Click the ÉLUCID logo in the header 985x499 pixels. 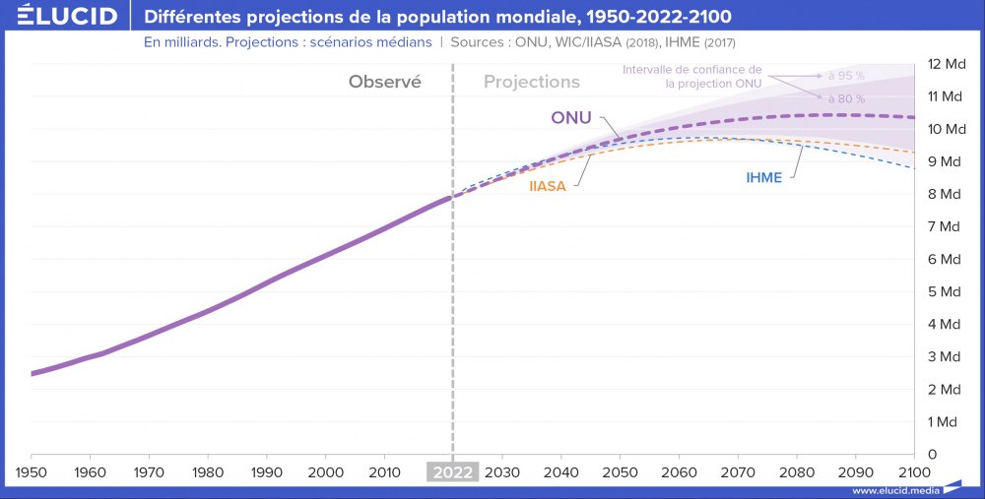pos(60,17)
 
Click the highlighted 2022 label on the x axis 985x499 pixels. pos(452,471)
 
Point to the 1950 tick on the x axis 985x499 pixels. pos(32,471)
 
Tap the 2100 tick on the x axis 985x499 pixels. pos(915,471)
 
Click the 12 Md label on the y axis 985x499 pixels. pos(946,64)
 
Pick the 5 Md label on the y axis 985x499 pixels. pos(946,291)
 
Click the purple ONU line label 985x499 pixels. pos(571,118)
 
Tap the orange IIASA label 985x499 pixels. pos(548,186)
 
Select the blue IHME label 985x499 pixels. pos(763,178)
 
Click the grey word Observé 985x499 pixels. pos(384,83)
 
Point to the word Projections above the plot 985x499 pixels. pos(532,83)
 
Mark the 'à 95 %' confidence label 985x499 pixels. pos(846,76)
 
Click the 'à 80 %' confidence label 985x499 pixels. pos(846,99)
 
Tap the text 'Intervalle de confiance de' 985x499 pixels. pos(692,69)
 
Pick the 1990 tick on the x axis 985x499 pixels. pos(267,471)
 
